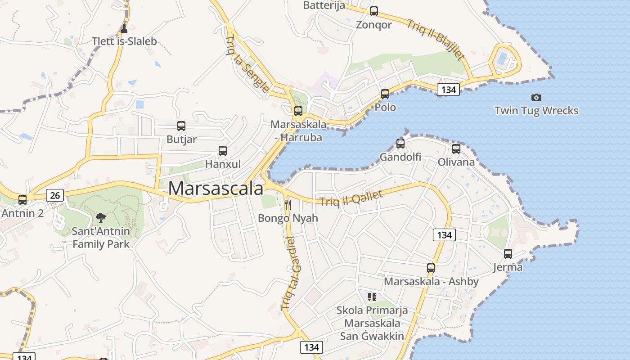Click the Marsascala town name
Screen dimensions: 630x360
coord(216,188)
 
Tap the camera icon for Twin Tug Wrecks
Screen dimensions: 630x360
coord(536,97)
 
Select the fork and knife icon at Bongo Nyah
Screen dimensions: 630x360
coord(288,205)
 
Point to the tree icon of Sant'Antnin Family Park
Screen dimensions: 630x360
coord(101,218)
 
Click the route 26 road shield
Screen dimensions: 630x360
coord(55,195)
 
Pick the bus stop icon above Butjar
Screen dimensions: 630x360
coord(181,126)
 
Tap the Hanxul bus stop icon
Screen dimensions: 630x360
coord(223,151)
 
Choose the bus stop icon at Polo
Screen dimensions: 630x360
coord(385,94)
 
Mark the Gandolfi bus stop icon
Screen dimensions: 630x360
coord(400,144)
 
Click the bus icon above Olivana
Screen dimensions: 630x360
coord(456,148)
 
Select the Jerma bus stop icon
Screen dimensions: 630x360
coord(508,254)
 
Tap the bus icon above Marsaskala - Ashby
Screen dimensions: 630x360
coord(431,268)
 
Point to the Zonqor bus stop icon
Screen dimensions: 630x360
coord(374,11)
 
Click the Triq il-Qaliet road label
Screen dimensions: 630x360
coord(351,198)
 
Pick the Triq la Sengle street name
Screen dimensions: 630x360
coord(247,63)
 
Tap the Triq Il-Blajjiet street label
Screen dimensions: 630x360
coord(435,39)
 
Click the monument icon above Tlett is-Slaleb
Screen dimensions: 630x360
coord(124,28)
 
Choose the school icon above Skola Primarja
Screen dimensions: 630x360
coord(372,297)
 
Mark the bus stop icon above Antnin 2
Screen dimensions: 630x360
coord(22,199)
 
